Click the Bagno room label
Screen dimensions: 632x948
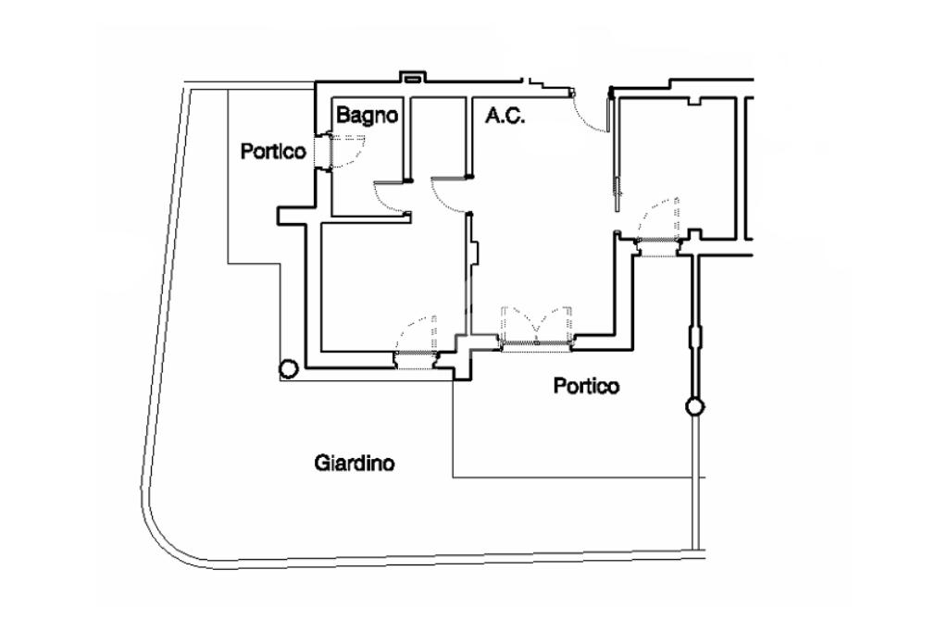pyautogui.click(x=368, y=116)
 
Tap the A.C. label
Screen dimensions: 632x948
pyautogui.click(x=505, y=116)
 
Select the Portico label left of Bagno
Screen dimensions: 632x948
pyautogui.click(x=273, y=151)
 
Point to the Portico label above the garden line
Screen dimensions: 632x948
pyautogui.click(x=586, y=385)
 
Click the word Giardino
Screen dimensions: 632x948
pyautogui.click(x=355, y=462)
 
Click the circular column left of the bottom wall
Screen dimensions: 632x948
pyautogui.click(x=288, y=369)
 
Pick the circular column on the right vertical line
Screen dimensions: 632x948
pyautogui.click(x=693, y=406)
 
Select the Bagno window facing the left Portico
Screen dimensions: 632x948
pyautogui.click(x=323, y=151)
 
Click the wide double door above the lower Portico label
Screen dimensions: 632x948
pyautogui.click(x=535, y=328)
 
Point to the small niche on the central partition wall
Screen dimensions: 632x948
pyautogui.click(x=474, y=255)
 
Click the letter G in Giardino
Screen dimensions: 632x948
pyautogui.click(x=320, y=462)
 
